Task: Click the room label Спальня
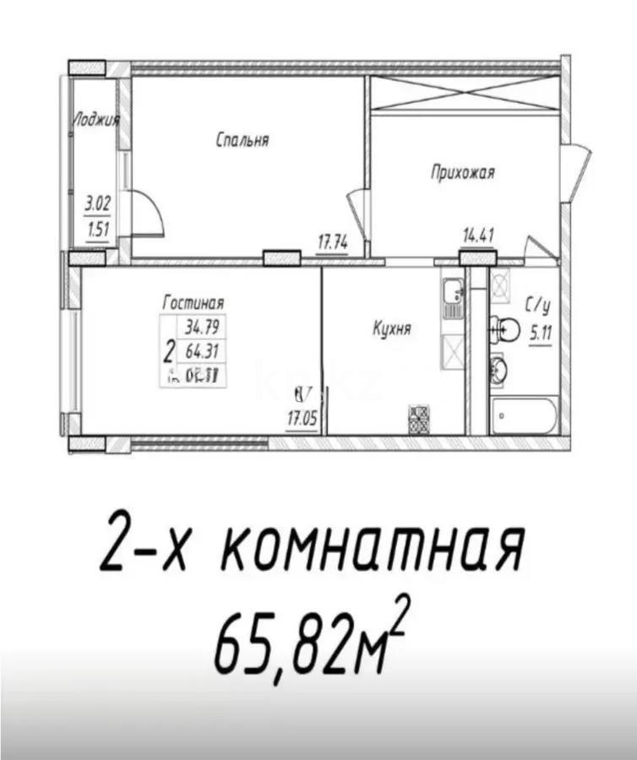coord(242,140)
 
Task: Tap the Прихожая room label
coord(462,172)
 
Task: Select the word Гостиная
coord(193,301)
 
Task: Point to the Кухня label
coord(391,328)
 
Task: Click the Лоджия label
coord(95,120)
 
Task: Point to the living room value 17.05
coord(302,415)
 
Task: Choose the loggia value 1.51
coord(98,227)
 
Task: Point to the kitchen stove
coord(420,420)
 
